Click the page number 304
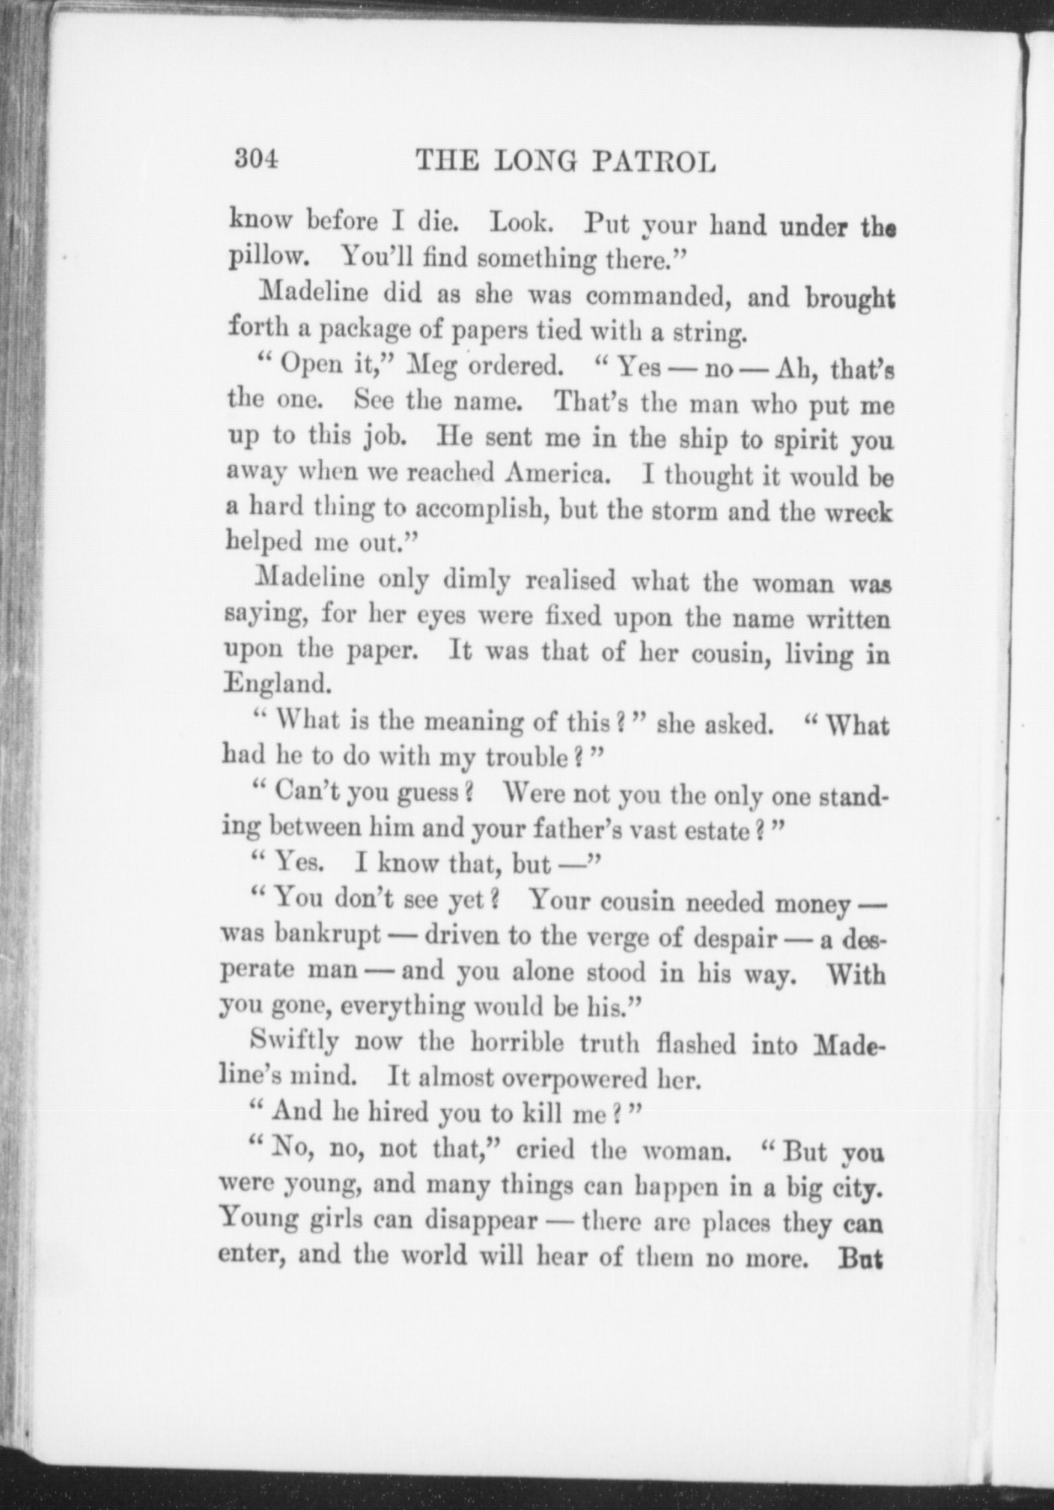click(256, 159)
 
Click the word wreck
click(862, 514)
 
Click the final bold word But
click(861, 1258)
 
